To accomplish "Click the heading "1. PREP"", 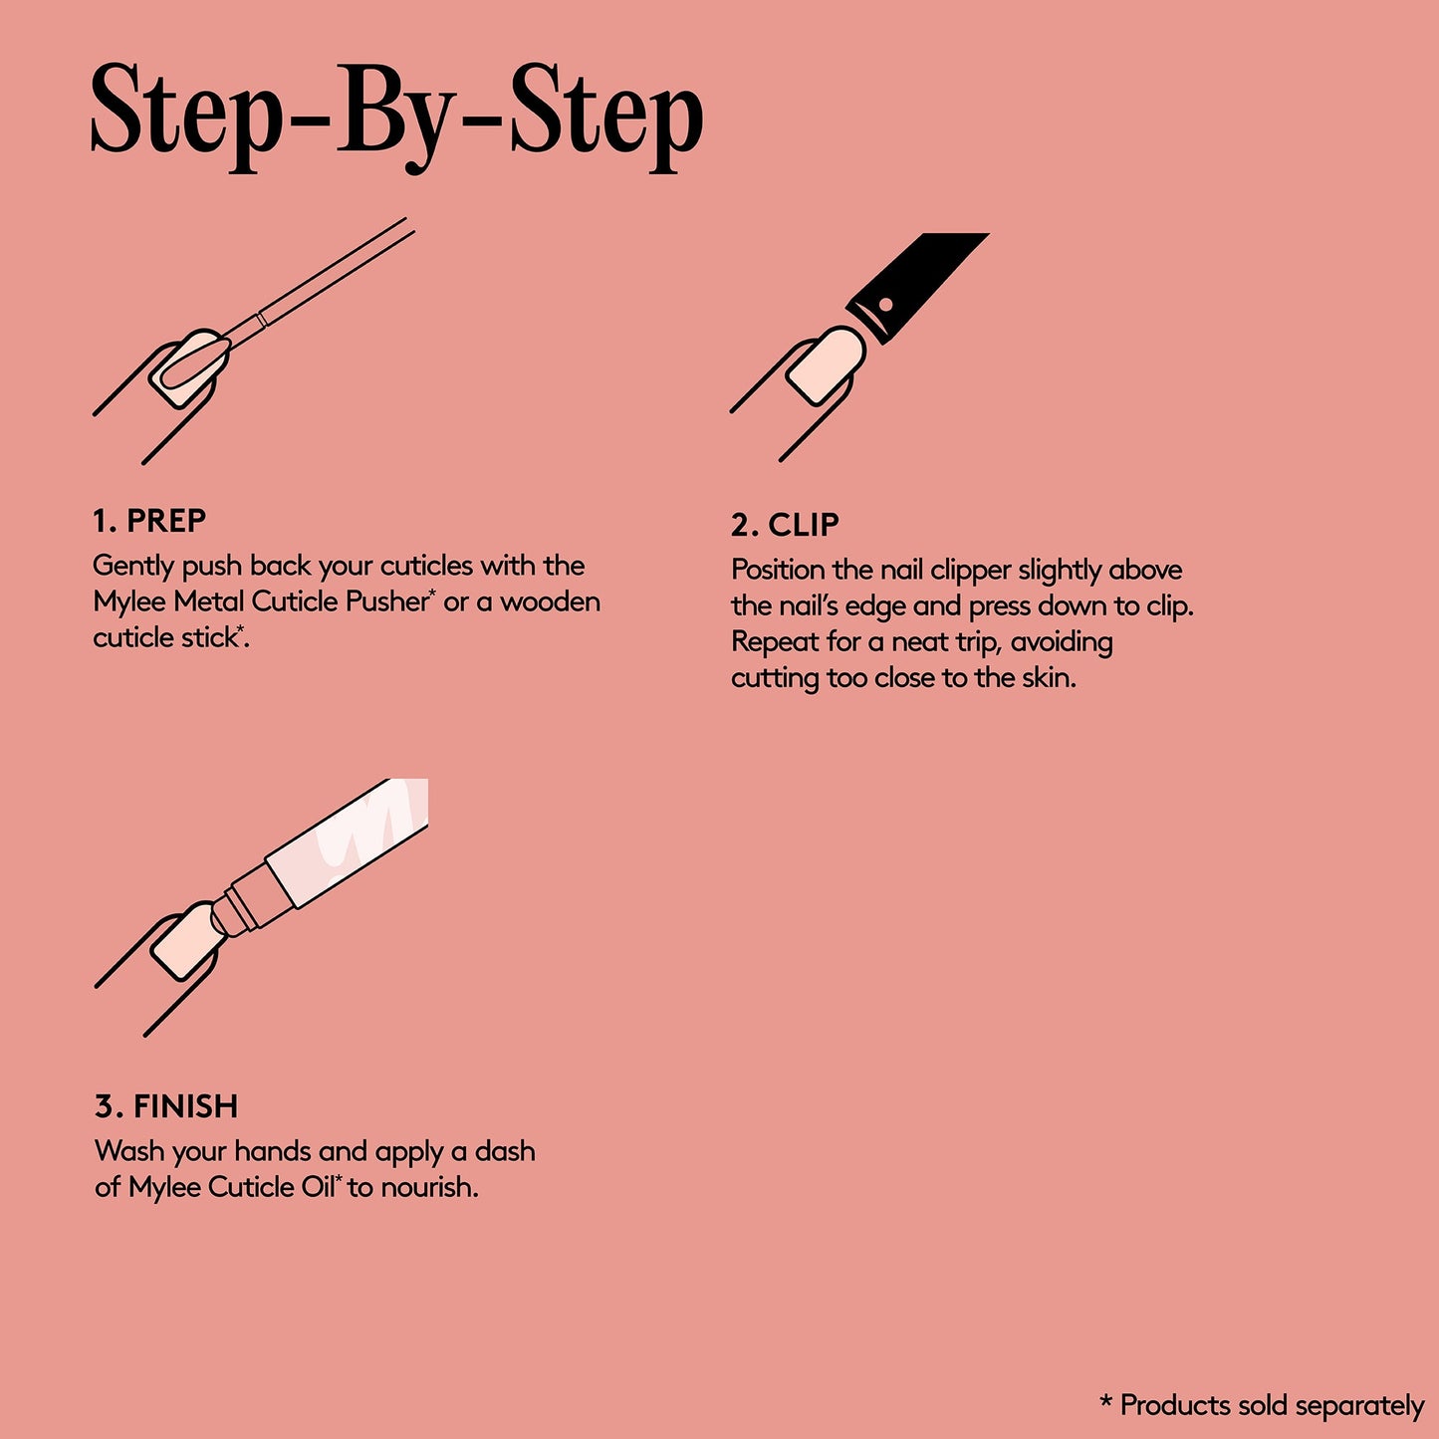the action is (149, 521).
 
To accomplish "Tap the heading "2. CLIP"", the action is (785, 525).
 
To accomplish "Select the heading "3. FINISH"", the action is (165, 1106).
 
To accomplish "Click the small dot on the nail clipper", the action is (885, 305).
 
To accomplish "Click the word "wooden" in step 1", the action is (550, 601).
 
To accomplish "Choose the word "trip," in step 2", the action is (969, 643).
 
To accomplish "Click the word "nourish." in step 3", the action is (429, 1187).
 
